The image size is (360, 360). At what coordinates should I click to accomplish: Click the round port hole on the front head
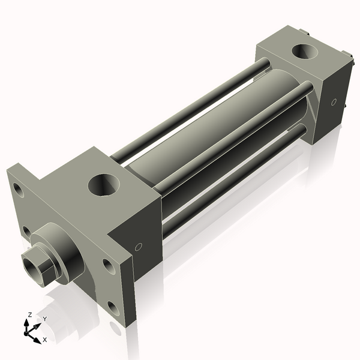click(105, 185)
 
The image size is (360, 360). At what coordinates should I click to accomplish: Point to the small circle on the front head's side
click(139, 246)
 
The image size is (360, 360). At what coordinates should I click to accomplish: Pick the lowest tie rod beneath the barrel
click(234, 180)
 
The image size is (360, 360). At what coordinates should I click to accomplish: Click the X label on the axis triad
click(44, 340)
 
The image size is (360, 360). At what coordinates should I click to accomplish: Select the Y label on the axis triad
click(44, 319)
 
